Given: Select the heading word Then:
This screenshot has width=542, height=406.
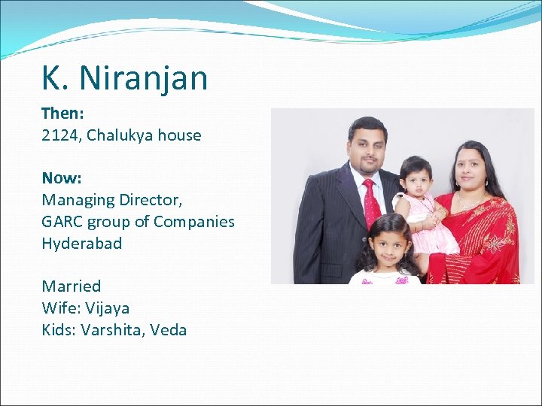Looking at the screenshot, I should (62, 114).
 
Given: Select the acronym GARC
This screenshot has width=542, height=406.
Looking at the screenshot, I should (62, 222).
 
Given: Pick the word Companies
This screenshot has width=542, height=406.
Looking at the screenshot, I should (194, 222).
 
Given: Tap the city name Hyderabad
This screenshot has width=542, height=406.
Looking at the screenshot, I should (81, 244).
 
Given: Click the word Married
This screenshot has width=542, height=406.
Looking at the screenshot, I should (71, 286).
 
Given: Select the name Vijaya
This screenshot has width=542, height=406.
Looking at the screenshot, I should (107, 308).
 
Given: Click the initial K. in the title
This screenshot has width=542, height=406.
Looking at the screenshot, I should (52, 78).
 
